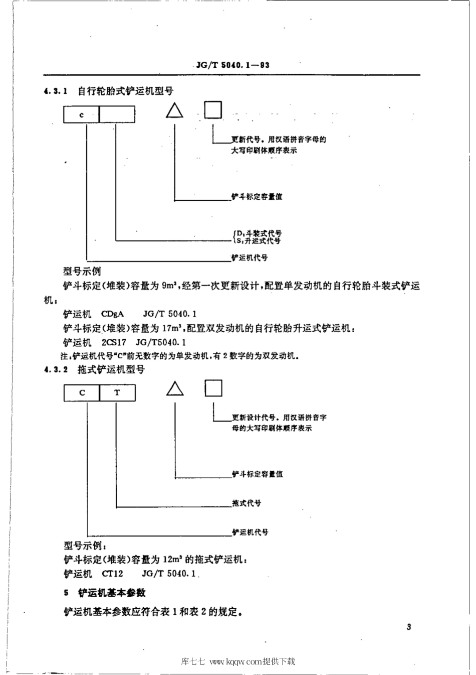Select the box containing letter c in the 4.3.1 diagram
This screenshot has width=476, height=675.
click(x=82, y=115)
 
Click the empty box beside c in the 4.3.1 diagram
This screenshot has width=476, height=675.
click(x=117, y=115)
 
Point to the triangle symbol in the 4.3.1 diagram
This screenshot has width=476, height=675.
click(x=174, y=111)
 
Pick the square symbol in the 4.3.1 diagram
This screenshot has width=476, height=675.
click(x=213, y=110)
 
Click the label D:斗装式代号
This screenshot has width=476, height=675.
click(x=259, y=233)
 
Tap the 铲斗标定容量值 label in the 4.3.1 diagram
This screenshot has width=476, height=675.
click(x=257, y=196)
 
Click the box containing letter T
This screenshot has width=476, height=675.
click(x=117, y=392)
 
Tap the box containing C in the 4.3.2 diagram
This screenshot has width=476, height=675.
click(x=82, y=392)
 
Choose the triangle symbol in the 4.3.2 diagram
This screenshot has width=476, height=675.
click(x=174, y=389)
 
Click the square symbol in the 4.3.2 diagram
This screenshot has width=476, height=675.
click(x=213, y=388)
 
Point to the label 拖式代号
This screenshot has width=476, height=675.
click(x=247, y=503)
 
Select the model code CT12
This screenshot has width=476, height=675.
click(x=112, y=573)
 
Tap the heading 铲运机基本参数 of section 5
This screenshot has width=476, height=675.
click(x=112, y=593)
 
